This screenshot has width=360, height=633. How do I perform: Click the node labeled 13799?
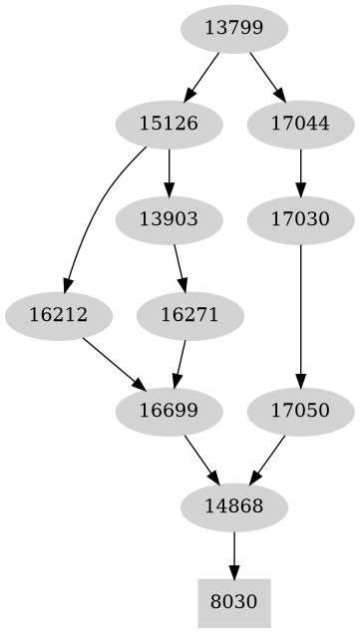point(234,29)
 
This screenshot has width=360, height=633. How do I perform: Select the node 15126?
point(169,125)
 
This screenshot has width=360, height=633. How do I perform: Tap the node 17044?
point(300,125)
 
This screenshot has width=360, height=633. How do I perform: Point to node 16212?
point(59,315)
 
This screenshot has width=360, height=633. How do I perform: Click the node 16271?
point(188,315)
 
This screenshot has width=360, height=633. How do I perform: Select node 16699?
point(169,411)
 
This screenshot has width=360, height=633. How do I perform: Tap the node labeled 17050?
point(300,411)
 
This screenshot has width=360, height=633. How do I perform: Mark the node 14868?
point(234,506)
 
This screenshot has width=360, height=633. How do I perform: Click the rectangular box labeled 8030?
point(234,602)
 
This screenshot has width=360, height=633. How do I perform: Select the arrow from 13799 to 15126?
point(202,76)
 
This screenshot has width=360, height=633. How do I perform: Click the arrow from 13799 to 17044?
point(266,76)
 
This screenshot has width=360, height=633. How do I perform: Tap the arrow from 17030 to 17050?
point(300,315)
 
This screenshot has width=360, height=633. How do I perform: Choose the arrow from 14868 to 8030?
point(234,554)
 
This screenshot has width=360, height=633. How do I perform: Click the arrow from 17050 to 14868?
point(267,459)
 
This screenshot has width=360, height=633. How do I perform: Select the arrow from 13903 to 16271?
point(179,267)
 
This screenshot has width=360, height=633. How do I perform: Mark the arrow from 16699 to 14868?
point(201,459)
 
